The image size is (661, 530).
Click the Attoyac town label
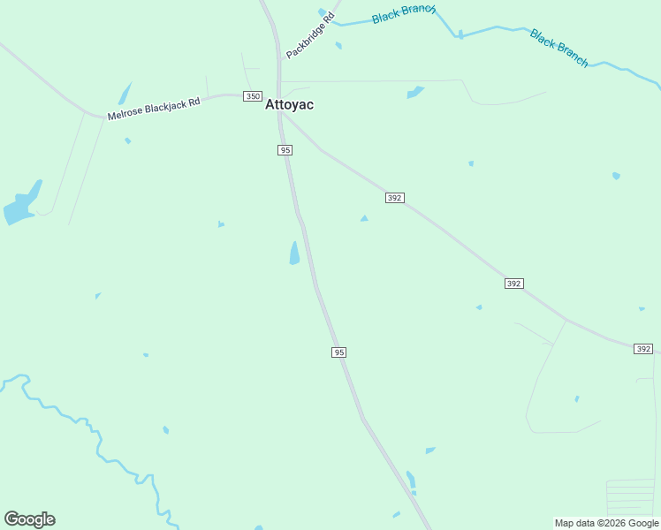(x=289, y=104)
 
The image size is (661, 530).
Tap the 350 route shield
(x=253, y=96)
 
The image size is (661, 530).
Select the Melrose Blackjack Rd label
(x=154, y=109)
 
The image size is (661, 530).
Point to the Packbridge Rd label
(x=310, y=35)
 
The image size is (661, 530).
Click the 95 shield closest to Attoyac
(x=285, y=150)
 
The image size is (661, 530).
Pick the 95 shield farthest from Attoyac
(x=338, y=352)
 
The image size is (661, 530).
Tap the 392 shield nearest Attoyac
(x=395, y=198)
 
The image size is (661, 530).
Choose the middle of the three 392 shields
(x=514, y=284)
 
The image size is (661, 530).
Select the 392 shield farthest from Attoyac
(x=643, y=350)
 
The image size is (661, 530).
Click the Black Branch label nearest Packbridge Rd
(x=403, y=14)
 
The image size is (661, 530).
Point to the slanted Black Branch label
(x=558, y=48)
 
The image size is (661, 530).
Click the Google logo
(x=30, y=519)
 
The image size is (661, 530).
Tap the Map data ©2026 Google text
(x=606, y=523)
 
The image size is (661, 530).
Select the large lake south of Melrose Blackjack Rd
(x=22, y=205)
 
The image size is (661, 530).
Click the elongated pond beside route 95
(x=294, y=254)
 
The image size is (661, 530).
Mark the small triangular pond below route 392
(x=364, y=218)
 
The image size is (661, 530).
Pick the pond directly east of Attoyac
(x=414, y=92)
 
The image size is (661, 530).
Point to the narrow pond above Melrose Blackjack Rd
(x=125, y=94)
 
